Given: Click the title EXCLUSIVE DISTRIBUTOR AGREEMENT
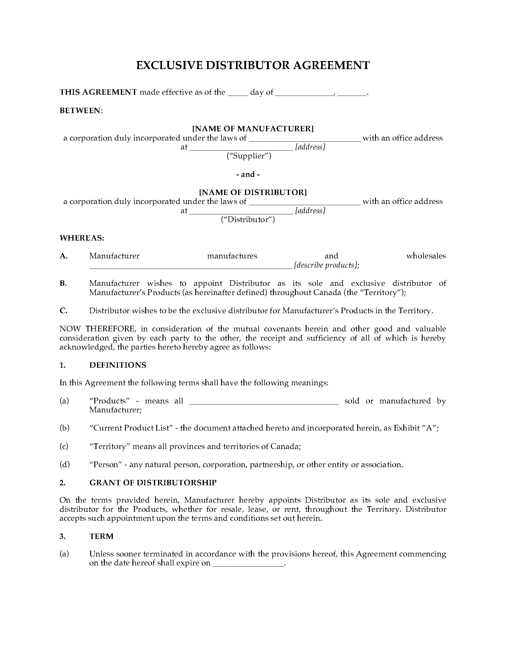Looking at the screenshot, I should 253,65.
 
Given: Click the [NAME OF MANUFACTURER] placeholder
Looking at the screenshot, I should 253,129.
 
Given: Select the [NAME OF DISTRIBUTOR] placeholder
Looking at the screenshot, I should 253,192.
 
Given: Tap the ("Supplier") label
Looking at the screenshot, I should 249,156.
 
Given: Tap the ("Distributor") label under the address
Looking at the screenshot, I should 248,219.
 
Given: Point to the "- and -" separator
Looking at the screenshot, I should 248,174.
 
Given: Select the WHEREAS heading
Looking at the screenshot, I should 82,238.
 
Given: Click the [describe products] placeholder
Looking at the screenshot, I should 326,265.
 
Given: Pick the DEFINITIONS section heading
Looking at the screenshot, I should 118,365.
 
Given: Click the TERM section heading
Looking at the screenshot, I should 101,536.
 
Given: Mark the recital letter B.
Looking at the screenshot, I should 63,283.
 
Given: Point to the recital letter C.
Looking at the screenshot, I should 63,311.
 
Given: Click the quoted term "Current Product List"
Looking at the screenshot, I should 131,428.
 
